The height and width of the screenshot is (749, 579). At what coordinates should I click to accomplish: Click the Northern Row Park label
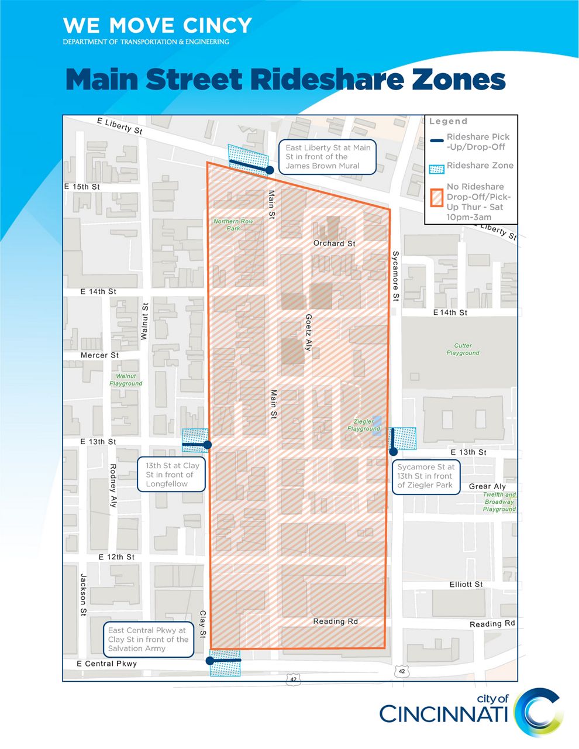click(x=233, y=225)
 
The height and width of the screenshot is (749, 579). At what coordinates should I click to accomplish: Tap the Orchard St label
click(x=334, y=243)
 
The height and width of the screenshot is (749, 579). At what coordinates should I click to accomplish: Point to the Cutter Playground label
click(x=463, y=349)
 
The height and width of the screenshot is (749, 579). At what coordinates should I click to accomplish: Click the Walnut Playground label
click(x=126, y=380)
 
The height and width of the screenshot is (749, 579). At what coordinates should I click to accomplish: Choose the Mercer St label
click(x=99, y=355)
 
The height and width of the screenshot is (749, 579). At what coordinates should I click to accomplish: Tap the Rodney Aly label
click(x=113, y=485)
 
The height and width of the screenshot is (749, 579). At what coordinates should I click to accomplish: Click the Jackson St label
click(x=83, y=595)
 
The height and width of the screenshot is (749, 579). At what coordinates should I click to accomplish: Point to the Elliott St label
click(x=466, y=585)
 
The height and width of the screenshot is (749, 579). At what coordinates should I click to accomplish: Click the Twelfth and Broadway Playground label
click(x=499, y=502)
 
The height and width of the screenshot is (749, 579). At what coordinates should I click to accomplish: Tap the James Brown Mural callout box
click(x=328, y=157)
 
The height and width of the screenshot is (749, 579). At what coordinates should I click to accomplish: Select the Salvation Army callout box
click(x=148, y=640)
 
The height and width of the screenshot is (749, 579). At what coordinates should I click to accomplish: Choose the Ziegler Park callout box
click(x=425, y=476)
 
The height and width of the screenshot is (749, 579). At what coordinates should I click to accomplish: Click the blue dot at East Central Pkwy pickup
click(x=210, y=660)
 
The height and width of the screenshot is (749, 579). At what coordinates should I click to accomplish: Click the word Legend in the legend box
click(x=448, y=122)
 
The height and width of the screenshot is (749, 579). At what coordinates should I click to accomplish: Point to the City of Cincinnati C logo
click(x=539, y=712)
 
